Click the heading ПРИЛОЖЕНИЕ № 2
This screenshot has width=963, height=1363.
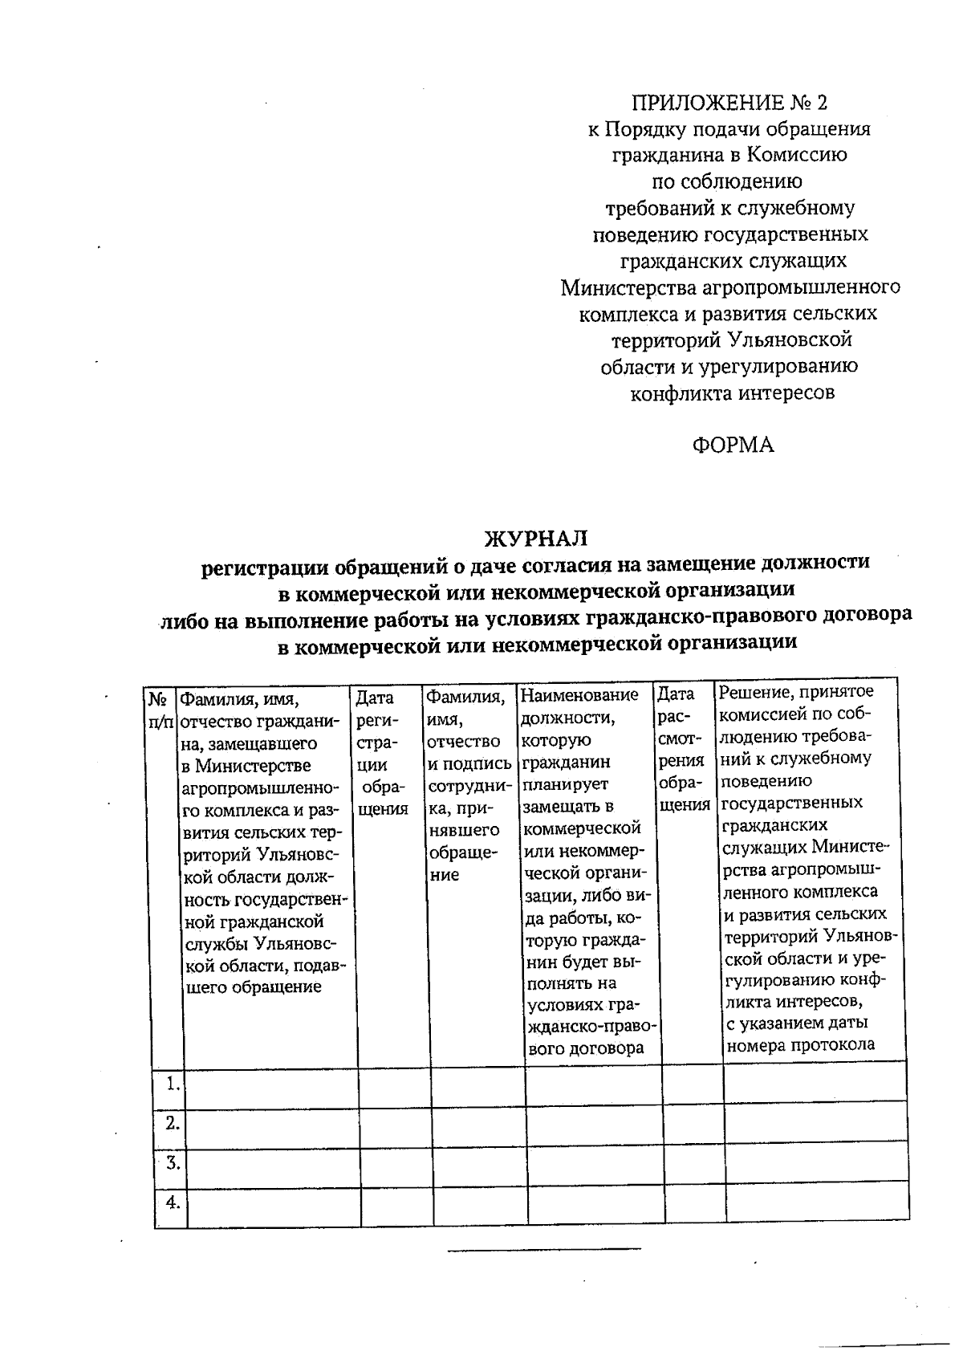729,103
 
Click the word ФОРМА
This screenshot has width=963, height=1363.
733,446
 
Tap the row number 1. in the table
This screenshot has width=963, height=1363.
172,1084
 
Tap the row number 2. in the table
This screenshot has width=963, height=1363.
172,1123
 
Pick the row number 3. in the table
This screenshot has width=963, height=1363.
172,1162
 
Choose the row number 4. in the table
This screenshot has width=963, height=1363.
172,1202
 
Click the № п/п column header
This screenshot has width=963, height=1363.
158,710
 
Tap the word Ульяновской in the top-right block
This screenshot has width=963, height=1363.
790,340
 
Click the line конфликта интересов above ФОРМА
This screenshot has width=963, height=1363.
732,393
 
